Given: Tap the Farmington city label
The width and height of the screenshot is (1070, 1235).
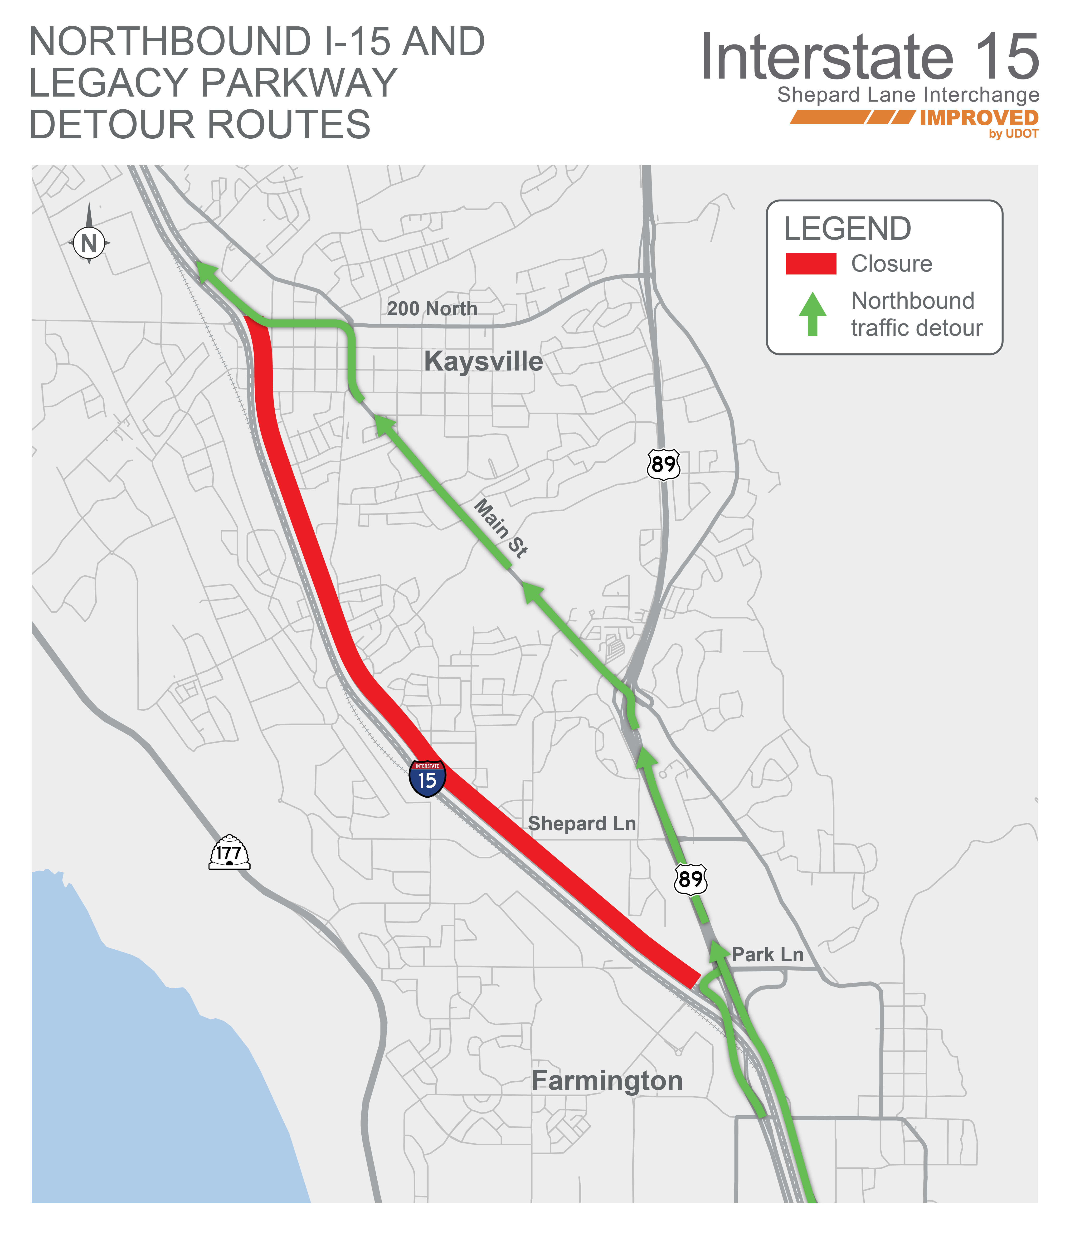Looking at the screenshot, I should pos(607,1081).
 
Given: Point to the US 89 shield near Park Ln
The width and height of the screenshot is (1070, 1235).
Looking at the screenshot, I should pos(691,879).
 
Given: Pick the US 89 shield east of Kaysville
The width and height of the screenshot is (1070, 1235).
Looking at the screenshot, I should pos(663,464).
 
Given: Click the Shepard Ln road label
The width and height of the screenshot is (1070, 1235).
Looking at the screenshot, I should pos(582,824).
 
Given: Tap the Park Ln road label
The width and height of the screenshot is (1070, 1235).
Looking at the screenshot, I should pos(768,954).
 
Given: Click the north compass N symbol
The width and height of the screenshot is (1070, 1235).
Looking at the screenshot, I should pos(89,243).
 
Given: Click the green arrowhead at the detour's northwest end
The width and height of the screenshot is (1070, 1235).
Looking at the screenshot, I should pos(206,271).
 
